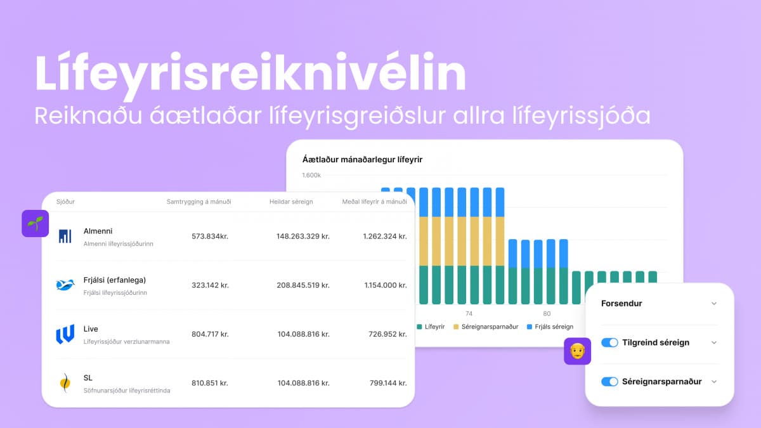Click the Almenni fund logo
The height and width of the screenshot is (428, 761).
(x=65, y=237)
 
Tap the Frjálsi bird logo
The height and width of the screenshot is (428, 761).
(x=65, y=285)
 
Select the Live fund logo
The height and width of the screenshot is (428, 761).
(x=65, y=334)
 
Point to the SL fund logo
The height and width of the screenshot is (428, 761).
(x=65, y=383)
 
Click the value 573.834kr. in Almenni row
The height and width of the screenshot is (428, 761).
(x=210, y=237)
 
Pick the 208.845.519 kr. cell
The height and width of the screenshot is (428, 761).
(x=303, y=285)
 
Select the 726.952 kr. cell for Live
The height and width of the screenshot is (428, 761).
(x=386, y=334)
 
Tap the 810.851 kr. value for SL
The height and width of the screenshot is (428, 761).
(x=210, y=383)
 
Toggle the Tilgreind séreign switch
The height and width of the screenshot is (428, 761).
(x=609, y=342)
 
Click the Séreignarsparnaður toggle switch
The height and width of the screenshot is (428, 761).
(x=609, y=382)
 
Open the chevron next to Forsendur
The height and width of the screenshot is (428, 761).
(x=714, y=304)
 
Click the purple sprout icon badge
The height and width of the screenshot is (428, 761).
(x=36, y=224)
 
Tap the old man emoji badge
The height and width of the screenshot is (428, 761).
(x=577, y=351)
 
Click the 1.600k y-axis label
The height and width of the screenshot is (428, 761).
(x=312, y=175)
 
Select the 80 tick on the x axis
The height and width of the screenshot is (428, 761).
(x=547, y=313)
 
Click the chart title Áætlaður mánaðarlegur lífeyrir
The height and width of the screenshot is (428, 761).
(x=362, y=160)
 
